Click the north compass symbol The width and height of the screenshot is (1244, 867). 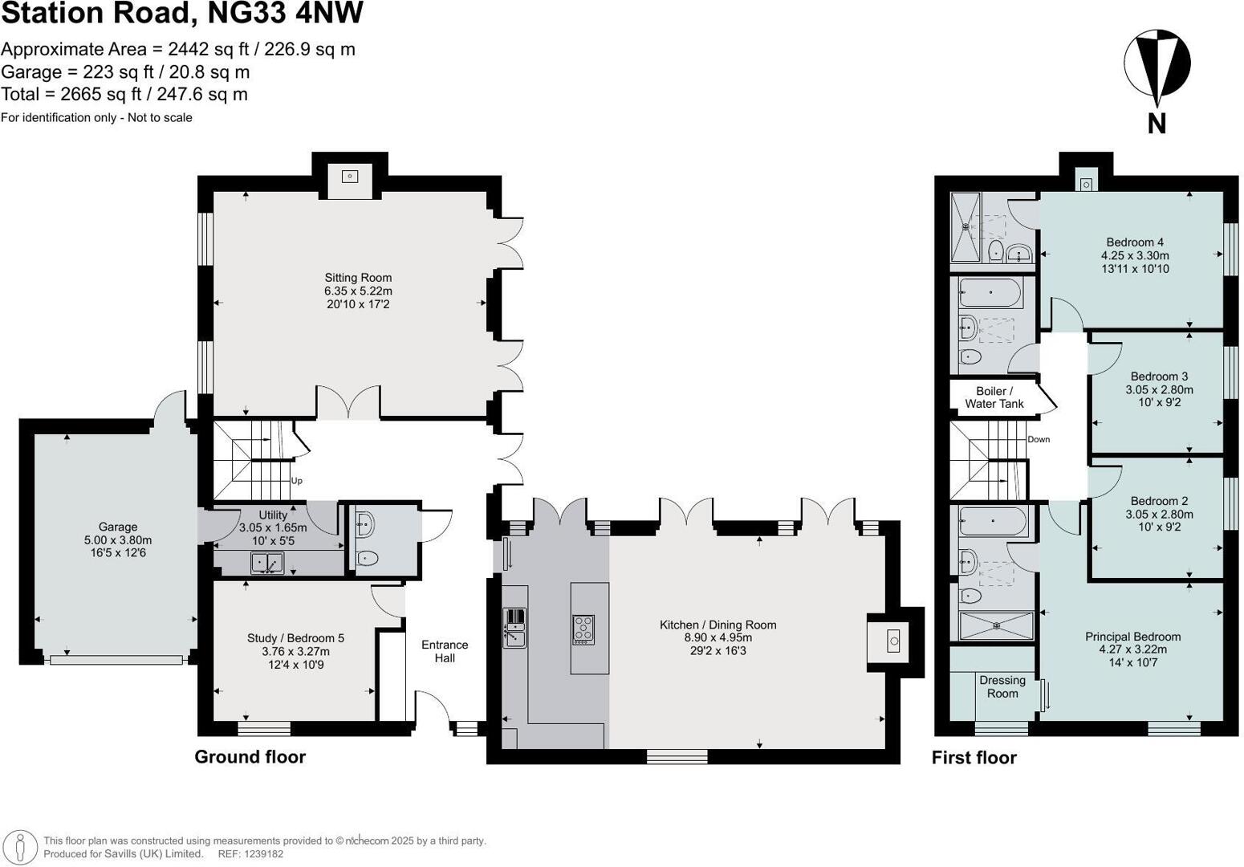(x=1156, y=64)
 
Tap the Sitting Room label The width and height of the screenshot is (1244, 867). (x=358, y=278)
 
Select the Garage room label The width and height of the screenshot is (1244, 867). (x=118, y=527)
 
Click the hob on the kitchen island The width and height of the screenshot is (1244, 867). (x=583, y=629)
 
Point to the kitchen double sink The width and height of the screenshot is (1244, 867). (x=514, y=628)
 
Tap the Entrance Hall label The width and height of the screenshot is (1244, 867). (x=445, y=651)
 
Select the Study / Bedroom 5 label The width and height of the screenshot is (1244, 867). (x=295, y=638)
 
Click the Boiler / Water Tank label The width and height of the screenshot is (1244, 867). (x=994, y=397)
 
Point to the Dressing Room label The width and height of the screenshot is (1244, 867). (x=1002, y=686)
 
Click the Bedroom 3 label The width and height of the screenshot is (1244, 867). (x=1159, y=377)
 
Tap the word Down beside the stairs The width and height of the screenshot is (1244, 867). (x=1039, y=439)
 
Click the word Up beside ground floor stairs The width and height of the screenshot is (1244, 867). (x=297, y=481)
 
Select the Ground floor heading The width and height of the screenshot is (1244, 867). (x=250, y=756)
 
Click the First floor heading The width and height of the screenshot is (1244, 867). (x=974, y=758)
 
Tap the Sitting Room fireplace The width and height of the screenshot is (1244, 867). (x=350, y=177)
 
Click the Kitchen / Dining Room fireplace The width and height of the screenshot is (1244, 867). (x=893, y=641)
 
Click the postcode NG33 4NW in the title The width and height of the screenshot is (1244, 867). (x=285, y=14)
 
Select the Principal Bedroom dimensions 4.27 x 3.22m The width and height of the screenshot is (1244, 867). (x=1132, y=649)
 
